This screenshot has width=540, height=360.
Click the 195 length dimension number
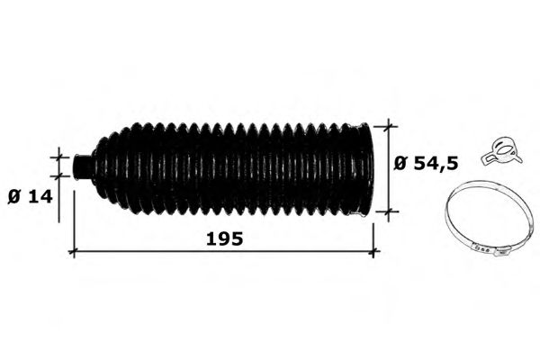[x=224, y=238]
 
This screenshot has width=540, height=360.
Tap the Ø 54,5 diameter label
[x=426, y=163]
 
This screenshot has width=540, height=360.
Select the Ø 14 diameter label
[x=30, y=197]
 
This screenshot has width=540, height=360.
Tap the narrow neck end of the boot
[x=82, y=166]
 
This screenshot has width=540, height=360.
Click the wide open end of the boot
[x=364, y=170]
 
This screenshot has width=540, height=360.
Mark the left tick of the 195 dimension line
[x=74, y=252]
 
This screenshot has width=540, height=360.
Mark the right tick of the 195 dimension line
[x=373, y=252]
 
